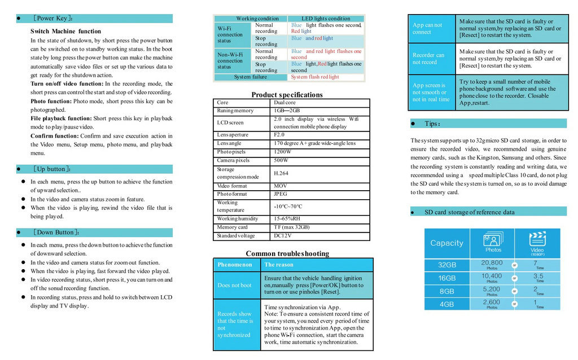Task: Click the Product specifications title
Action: click(x=287, y=95)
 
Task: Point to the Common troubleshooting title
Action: click(x=287, y=253)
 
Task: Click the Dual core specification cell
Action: click(x=284, y=103)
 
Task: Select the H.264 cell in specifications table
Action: click(x=281, y=173)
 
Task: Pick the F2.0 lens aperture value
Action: click(x=279, y=135)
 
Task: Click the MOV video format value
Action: click(x=280, y=186)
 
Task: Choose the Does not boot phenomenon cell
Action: click(x=235, y=285)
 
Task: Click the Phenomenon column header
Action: click(x=235, y=265)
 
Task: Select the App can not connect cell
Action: click(x=427, y=28)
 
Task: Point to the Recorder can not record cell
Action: click(x=428, y=59)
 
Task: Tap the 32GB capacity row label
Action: click(x=446, y=265)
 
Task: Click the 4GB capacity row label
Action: click(x=446, y=304)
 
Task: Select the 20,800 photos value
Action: click(x=492, y=263)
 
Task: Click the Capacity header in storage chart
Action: click(x=446, y=243)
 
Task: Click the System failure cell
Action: click(x=251, y=77)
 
